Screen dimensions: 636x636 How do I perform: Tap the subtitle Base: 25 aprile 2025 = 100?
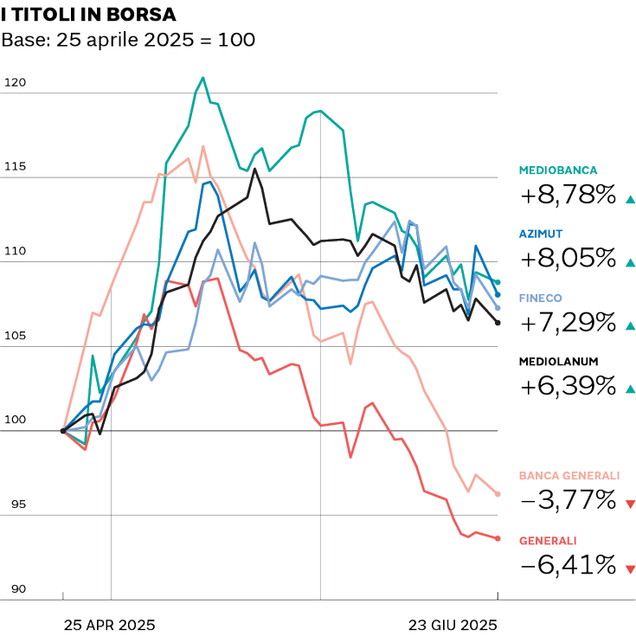[x=128, y=41]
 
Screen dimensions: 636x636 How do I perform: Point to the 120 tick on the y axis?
[x=16, y=83]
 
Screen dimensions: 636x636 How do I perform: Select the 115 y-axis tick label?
[x=16, y=167]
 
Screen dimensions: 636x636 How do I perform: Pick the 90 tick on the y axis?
[x=16, y=589]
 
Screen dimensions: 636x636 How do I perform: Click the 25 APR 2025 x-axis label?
[x=109, y=624]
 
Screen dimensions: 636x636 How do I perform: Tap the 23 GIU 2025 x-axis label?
[x=453, y=624]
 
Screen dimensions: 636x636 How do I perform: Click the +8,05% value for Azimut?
[x=567, y=259]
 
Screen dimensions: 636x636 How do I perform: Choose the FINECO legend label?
[x=541, y=298]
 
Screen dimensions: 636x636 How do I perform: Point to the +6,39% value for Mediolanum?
[x=567, y=386]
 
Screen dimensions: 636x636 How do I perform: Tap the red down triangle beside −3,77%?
[x=629, y=504]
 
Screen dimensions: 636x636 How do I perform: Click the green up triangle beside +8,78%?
[x=629, y=199]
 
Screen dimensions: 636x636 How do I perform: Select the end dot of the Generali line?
[x=498, y=538]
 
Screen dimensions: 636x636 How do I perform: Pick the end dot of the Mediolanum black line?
[x=498, y=323]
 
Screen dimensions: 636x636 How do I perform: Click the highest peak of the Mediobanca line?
[x=202, y=77]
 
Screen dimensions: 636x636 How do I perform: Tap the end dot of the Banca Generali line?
[x=498, y=494]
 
